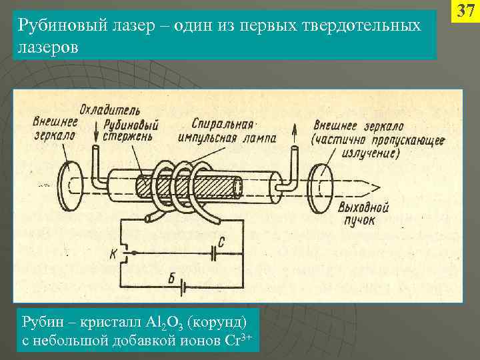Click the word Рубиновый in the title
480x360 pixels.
coord(53,25)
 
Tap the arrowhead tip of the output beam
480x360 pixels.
coord(378,186)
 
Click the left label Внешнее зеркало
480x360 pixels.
coord(55,127)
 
